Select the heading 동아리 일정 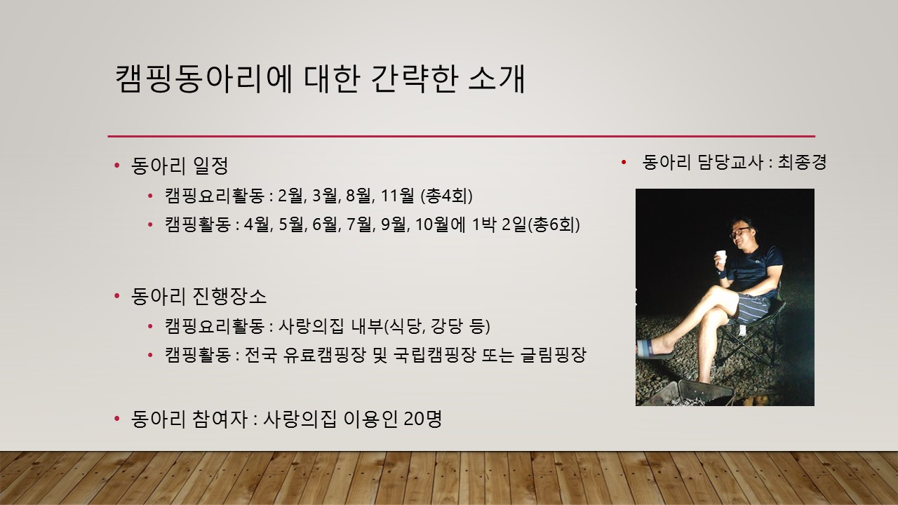pos(180,166)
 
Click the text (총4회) pos(447,196)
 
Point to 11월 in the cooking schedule pos(397,196)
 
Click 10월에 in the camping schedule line pos(440,224)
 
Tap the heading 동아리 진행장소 pos(199,297)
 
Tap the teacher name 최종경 pos(802,162)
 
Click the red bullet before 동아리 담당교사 pos(624,162)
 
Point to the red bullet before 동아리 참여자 pos(117,419)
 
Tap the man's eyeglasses pos(739,232)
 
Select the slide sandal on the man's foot pos(653,349)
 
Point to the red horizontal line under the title pos(462,136)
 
